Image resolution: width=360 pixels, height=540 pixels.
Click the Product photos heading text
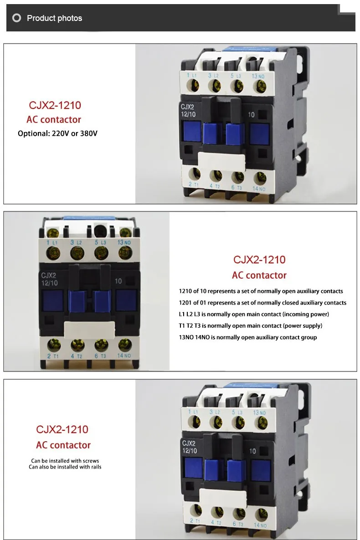[x=54, y=18]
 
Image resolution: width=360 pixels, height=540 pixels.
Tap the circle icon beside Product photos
[x=17, y=18]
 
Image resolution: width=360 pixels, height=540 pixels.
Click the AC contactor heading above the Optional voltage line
[x=54, y=120]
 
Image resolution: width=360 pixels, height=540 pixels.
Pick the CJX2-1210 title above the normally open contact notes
[x=259, y=260]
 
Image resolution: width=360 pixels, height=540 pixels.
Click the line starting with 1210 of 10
[x=261, y=291]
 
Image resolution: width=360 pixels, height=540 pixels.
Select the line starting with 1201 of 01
[x=262, y=303]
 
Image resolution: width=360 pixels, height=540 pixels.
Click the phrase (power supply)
[x=303, y=326]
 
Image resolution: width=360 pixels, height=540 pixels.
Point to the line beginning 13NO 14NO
[x=248, y=337]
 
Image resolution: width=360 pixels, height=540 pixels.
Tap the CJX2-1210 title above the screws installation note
[x=62, y=429]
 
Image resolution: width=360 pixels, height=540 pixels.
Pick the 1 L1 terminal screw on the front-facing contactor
[x=51, y=252]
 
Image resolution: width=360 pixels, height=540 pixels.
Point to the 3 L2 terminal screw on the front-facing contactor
[x=75, y=252]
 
